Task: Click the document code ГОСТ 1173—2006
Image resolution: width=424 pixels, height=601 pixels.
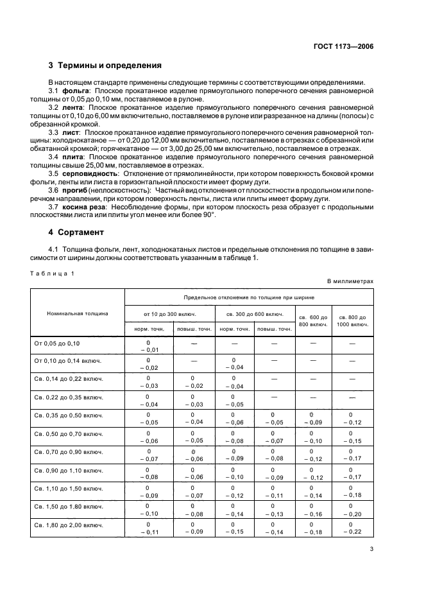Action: pos(343,46)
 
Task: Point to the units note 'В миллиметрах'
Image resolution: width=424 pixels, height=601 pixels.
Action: pos(350,281)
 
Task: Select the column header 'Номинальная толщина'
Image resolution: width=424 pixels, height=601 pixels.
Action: pos(78,313)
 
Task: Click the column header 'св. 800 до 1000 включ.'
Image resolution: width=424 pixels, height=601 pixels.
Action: pos(353,320)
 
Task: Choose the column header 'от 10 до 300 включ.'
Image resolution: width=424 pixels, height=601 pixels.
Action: pos(170,314)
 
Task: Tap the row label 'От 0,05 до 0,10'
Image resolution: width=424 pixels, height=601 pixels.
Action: pos(57,344)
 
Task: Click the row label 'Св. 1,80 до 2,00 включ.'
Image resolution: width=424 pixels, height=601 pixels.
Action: pos(68,525)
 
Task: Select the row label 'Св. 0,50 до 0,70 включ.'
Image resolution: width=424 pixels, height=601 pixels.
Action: pos(68,435)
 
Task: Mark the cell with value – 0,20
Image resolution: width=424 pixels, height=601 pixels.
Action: pos(352,514)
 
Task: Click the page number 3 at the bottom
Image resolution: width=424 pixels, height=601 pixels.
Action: pos(371,549)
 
